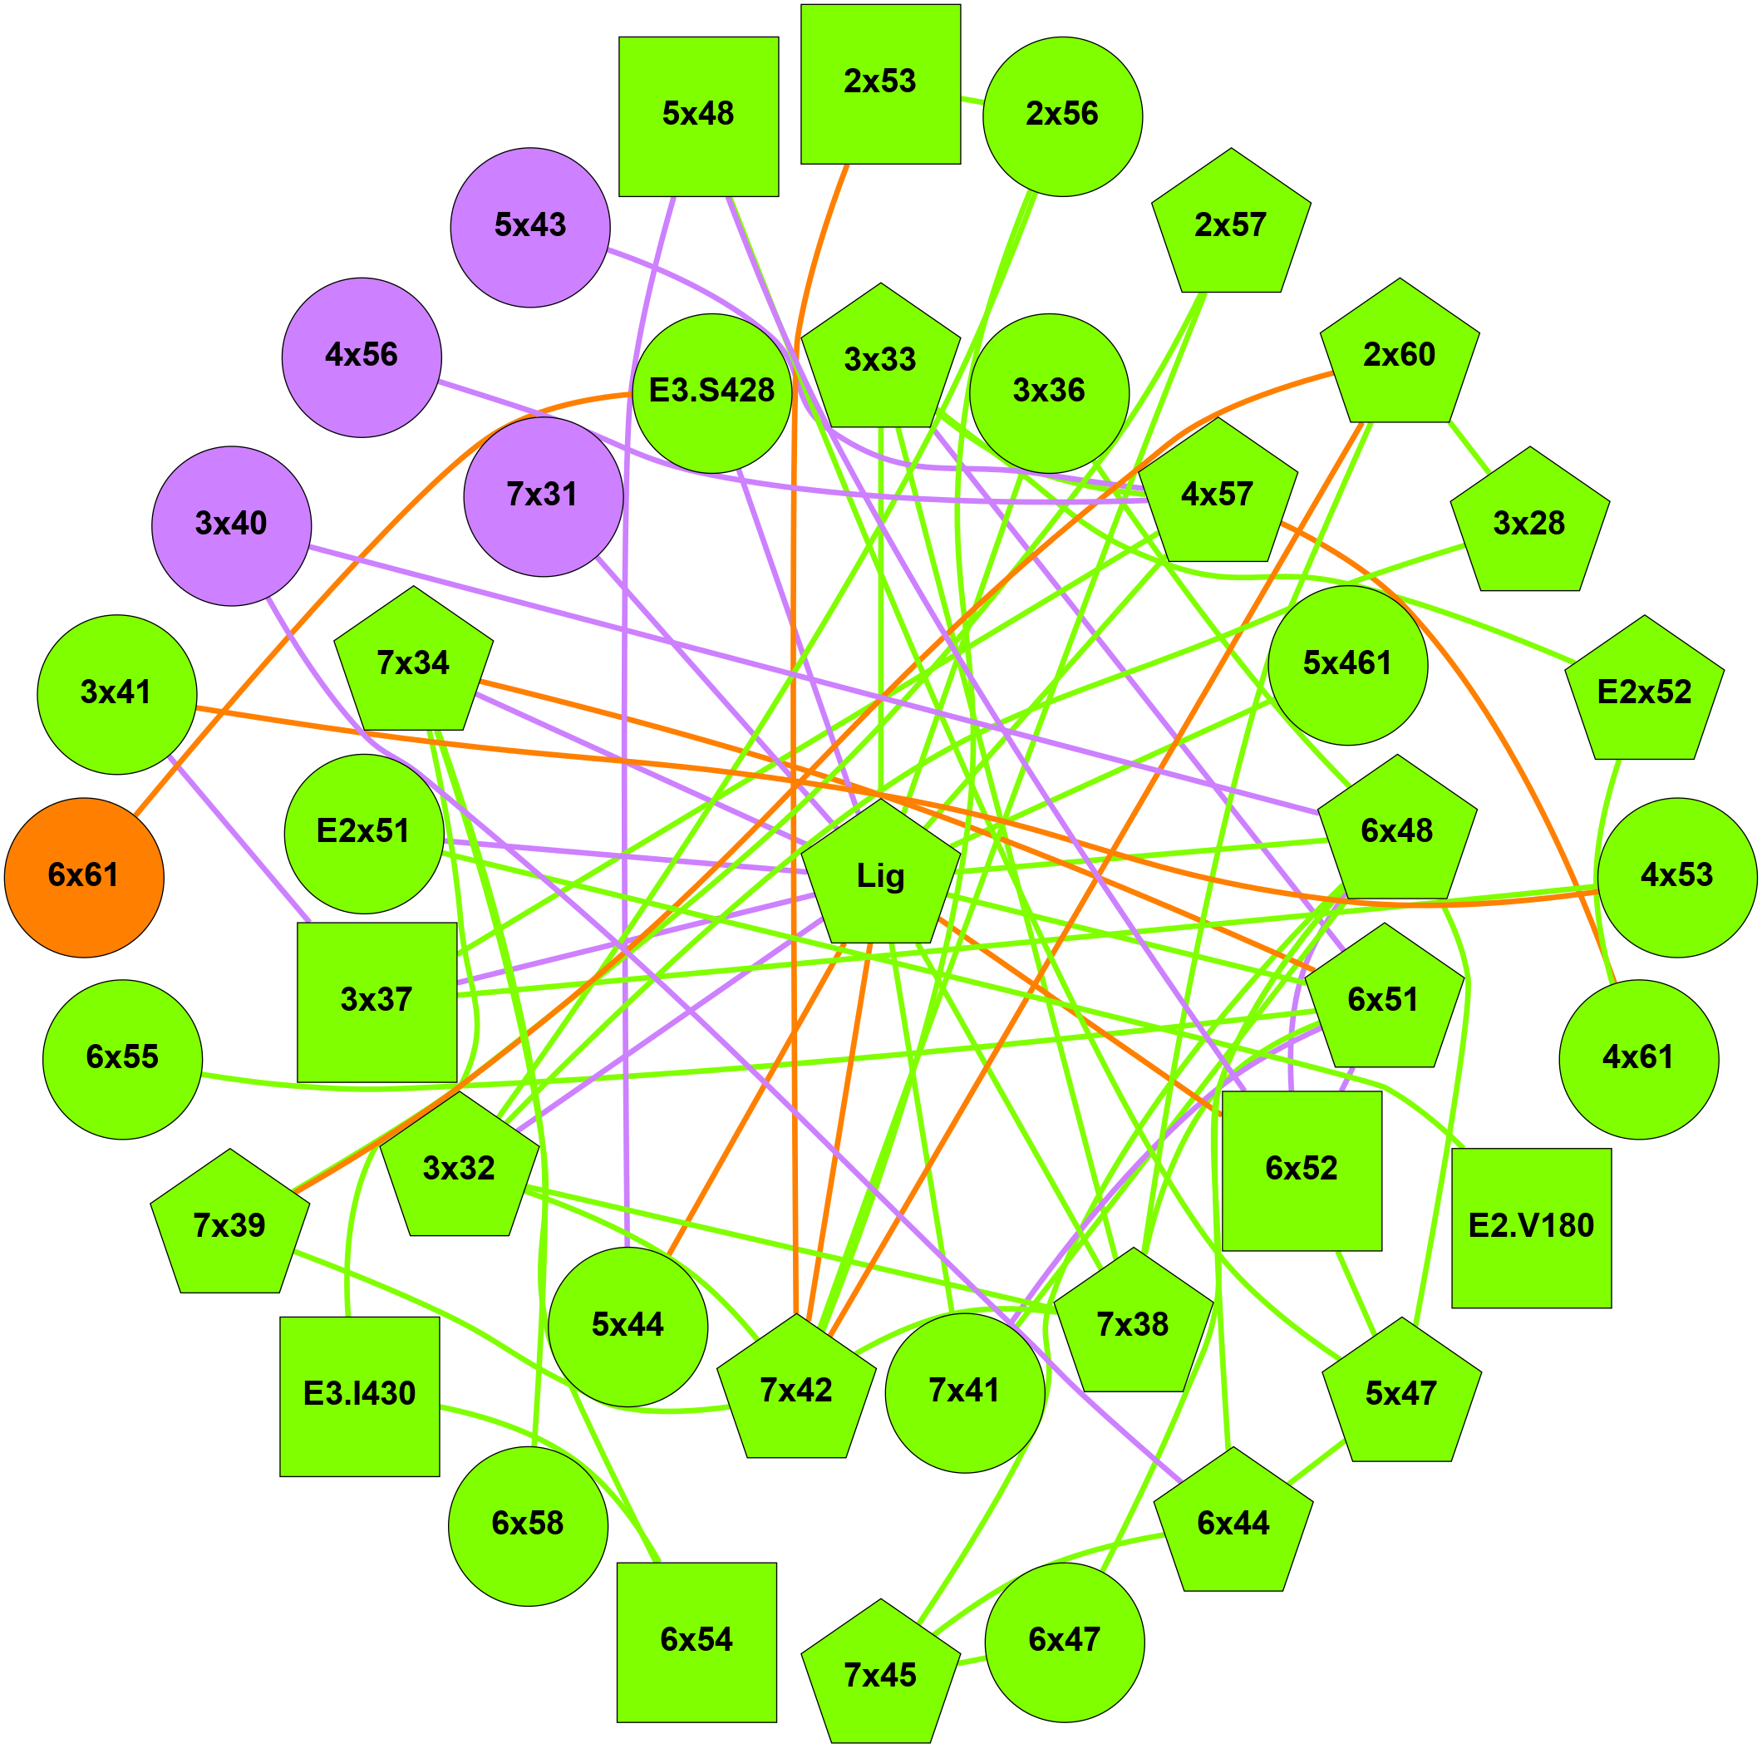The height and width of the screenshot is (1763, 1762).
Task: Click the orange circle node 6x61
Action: (84, 877)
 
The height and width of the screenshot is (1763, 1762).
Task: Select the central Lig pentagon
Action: (880, 877)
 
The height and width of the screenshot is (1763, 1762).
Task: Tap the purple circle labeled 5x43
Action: (530, 227)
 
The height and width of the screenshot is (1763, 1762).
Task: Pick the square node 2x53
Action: (880, 84)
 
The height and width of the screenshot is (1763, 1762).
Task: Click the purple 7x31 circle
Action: (543, 496)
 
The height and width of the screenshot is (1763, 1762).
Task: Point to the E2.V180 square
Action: (1531, 1228)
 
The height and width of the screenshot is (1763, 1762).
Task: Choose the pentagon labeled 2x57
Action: (1231, 226)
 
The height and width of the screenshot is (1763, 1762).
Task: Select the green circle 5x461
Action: (1348, 664)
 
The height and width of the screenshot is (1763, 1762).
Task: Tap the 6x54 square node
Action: (697, 1642)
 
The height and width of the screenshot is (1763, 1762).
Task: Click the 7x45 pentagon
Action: (880, 1677)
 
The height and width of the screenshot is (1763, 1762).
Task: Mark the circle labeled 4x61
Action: (1639, 1060)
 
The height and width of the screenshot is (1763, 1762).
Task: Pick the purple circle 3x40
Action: (232, 525)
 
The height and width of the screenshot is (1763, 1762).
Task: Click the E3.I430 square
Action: (360, 1396)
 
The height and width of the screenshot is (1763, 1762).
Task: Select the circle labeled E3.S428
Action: (711, 393)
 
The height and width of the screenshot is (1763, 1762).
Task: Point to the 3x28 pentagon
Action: (1529, 524)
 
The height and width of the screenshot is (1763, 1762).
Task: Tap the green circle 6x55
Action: (122, 1060)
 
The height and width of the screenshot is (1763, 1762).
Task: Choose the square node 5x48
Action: (698, 116)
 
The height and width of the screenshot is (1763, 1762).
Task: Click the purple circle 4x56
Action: (362, 357)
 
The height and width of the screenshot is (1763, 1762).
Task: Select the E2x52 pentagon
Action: (1644, 693)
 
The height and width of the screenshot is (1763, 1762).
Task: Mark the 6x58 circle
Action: (529, 1526)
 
